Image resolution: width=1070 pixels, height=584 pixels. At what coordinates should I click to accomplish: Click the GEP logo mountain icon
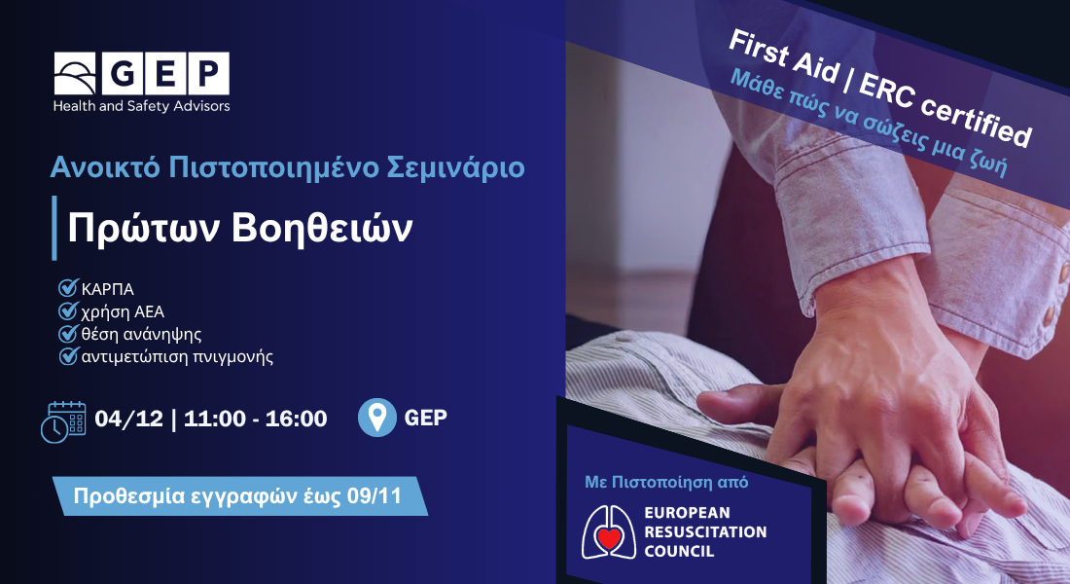pyautogui.click(x=75, y=73)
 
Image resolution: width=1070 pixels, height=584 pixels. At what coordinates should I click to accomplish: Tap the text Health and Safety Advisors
pyautogui.click(x=141, y=106)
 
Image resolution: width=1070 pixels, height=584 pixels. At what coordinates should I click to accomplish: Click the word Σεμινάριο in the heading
pyautogui.click(x=456, y=167)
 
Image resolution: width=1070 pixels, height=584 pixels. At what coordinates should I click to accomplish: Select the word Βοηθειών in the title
pyautogui.click(x=322, y=228)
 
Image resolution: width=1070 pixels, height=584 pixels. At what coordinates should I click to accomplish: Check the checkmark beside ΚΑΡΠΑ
pyautogui.click(x=68, y=287)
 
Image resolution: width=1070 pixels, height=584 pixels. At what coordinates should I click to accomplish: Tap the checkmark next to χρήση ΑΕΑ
pyautogui.click(x=68, y=310)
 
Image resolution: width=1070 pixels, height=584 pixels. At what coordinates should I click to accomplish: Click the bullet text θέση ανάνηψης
pyautogui.click(x=141, y=334)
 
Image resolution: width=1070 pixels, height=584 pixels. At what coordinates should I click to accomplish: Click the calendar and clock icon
pyautogui.click(x=63, y=421)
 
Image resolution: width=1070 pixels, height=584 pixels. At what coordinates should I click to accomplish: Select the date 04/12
pyautogui.click(x=129, y=418)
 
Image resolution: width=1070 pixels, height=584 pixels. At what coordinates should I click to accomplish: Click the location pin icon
pyautogui.click(x=376, y=418)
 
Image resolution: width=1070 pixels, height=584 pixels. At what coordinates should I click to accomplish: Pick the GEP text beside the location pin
pyautogui.click(x=426, y=418)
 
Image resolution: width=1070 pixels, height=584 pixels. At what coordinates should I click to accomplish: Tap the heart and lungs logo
pyautogui.click(x=609, y=532)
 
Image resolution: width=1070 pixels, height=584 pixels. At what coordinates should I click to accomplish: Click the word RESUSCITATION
pyautogui.click(x=705, y=531)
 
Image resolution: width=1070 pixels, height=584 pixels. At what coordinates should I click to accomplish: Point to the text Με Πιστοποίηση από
pyautogui.click(x=666, y=482)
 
